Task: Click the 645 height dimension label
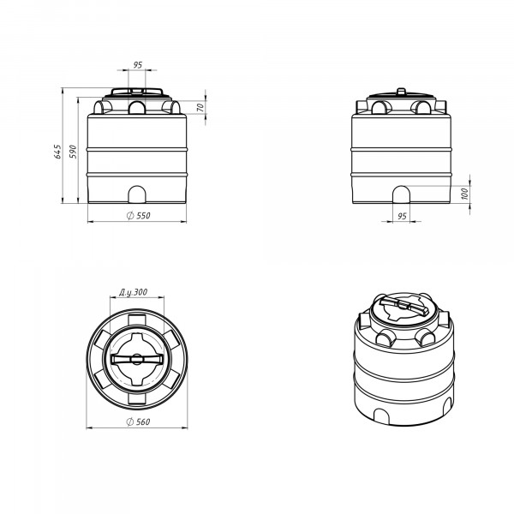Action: (57, 152)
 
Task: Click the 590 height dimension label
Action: (73, 152)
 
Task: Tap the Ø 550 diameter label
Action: (139, 215)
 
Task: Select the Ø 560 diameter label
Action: (138, 421)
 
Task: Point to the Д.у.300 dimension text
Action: (133, 292)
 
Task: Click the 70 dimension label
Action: (200, 107)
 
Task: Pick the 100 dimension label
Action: (465, 194)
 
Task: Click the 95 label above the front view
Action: (138, 65)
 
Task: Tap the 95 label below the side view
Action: (402, 216)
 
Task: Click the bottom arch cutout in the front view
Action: (137, 194)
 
